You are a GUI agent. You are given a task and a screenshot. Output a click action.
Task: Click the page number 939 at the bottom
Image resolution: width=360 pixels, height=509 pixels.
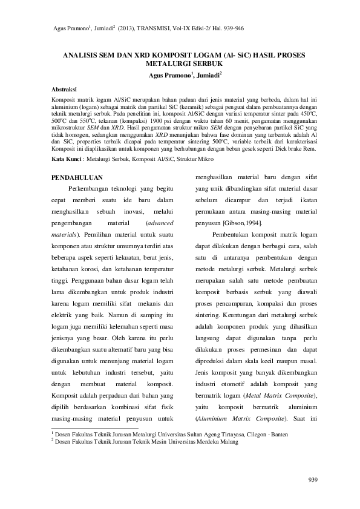point(312,481)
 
